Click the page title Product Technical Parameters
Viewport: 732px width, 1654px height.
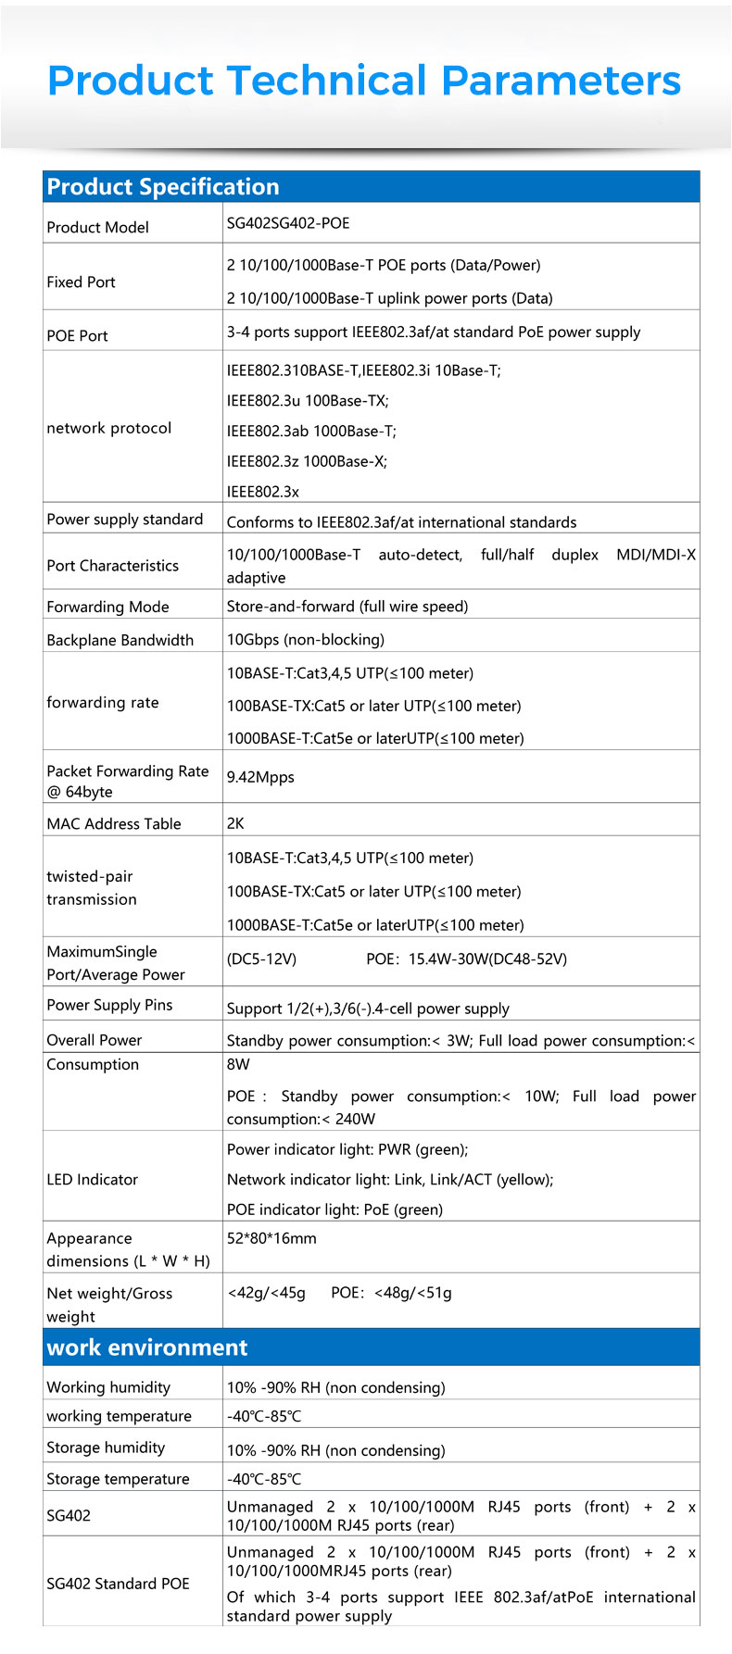pyautogui.click(x=364, y=81)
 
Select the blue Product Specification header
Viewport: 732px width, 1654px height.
pyautogui.click(x=163, y=186)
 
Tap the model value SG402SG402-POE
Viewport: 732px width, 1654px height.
pyautogui.click(x=288, y=223)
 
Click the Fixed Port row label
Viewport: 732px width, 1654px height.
pyautogui.click(x=82, y=282)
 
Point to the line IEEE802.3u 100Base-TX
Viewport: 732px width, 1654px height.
pyautogui.click(x=308, y=401)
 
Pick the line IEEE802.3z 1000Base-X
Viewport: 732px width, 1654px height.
pyautogui.click(x=307, y=461)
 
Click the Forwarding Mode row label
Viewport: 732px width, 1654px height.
pyautogui.click(x=107, y=607)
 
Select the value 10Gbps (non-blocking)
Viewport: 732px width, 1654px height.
pyautogui.click(x=306, y=639)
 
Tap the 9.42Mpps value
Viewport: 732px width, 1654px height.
pyautogui.click(x=260, y=777)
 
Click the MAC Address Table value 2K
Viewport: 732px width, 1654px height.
pyautogui.click(x=235, y=822)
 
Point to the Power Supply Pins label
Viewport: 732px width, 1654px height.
pyautogui.click(x=109, y=1005)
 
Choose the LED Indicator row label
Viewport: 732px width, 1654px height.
pyautogui.click(x=92, y=1179)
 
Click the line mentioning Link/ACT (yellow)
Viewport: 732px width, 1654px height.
pyautogui.click(x=390, y=1179)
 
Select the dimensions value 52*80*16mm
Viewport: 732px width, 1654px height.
pyautogui.click(x=271, y=1238)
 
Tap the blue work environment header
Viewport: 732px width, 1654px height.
pyautogui.click(x=147, y=1347)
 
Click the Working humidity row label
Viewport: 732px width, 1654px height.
pyautogui.click(x=108, y=1387)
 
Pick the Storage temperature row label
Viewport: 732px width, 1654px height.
pyautogui.click(x=118, y=1479)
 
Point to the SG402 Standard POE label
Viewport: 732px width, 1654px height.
pyautogui.click(x=118, y=1584)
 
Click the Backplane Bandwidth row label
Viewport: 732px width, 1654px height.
pyautogui.click(x=120, y=640)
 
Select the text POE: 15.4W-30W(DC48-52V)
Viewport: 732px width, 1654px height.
pyautogui.click(x=466, y=959)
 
